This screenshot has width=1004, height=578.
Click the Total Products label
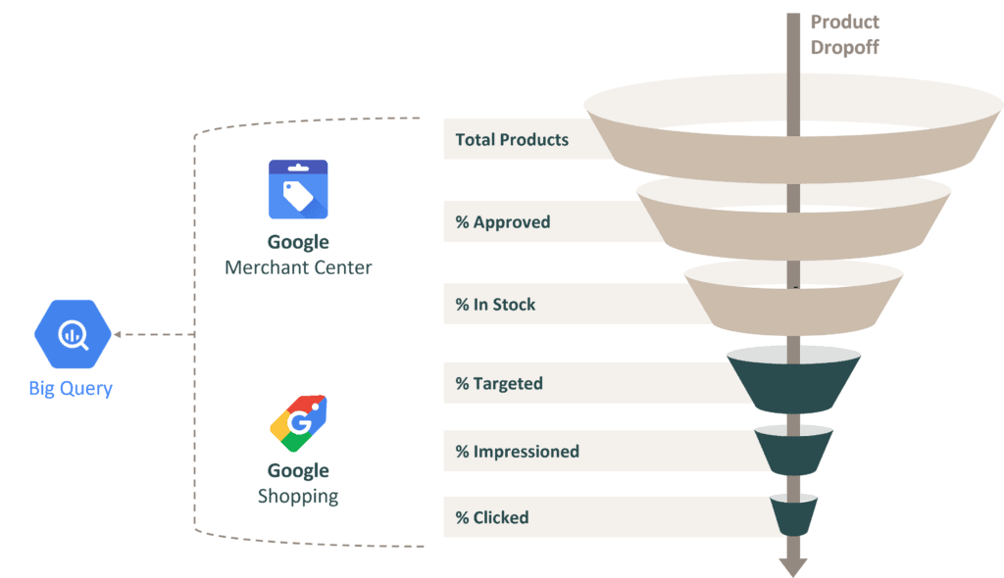pos(512,139)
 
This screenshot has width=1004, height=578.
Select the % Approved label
pos(503,222)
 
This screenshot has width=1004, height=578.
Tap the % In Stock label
pos(495,305)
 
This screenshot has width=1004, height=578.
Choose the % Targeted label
pos(499,383)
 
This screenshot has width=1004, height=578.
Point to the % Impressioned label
pos(517,452)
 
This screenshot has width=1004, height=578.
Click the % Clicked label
pos(492,517)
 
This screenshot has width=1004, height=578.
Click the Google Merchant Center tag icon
pos(298,189)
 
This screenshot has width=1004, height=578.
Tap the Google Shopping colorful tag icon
pos(298,422)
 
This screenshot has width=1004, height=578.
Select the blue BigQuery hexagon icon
pos(73,334)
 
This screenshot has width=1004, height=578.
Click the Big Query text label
pos(71,389)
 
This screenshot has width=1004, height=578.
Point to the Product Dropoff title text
pos(843,34)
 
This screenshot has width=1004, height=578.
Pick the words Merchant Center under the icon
pos(298,267)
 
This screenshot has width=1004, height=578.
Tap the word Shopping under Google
pos(298,497)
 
